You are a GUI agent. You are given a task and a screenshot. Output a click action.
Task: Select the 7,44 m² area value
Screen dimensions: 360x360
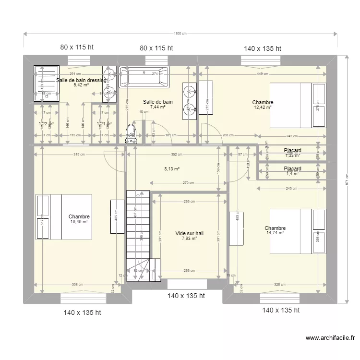(x=158, y=107)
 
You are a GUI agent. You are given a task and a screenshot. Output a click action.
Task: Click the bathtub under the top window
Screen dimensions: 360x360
(x=144, y=78)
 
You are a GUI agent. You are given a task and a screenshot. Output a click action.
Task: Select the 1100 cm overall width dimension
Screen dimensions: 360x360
(x=180, y=34)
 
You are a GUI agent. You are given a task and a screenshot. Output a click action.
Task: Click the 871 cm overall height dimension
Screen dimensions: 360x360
(x=346, y=180)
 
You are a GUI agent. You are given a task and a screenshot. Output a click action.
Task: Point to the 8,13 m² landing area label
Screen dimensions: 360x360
(x=172, y=169)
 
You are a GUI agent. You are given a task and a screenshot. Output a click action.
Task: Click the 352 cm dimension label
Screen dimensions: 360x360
(x=177, y=155)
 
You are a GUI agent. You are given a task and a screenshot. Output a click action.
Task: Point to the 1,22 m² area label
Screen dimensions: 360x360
(x=46, y=124)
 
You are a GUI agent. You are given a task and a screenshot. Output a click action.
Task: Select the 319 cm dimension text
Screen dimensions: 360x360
(x=79, y=155)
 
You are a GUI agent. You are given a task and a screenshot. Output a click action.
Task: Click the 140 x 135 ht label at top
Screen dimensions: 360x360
(x=262, y=48)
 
